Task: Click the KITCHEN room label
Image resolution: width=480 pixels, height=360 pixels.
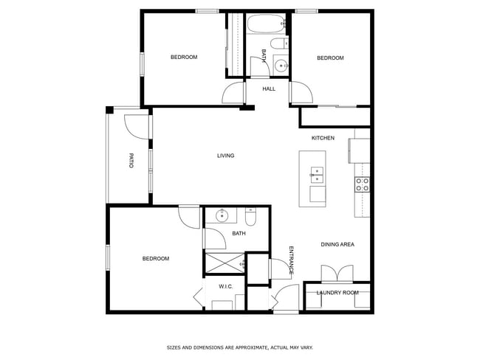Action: (323, 138)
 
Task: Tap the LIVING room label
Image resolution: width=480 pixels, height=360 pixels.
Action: (225, 156)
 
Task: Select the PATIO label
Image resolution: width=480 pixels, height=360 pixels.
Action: (131, 160)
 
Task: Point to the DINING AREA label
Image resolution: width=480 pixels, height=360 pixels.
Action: (337, 244)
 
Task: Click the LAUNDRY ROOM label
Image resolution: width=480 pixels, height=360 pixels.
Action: (337, 293)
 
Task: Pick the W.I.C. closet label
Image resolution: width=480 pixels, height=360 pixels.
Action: (226, 286)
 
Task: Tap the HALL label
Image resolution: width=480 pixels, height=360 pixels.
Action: (269, 89)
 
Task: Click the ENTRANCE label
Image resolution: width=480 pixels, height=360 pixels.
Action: (291, 260)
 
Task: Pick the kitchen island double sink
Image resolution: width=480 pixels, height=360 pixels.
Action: (317, 175)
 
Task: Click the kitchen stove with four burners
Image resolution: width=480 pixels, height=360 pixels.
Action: (362, 184)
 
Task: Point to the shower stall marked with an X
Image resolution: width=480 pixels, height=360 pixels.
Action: (224, 262)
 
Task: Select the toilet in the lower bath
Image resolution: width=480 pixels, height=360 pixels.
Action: (250, 218)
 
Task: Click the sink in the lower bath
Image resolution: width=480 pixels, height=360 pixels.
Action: (222, 216)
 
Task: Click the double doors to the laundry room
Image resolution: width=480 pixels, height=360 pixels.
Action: (336, 274)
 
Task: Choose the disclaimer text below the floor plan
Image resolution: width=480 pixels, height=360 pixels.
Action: (239, 346)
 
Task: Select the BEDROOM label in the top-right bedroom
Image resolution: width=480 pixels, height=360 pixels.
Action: (330, 58)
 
